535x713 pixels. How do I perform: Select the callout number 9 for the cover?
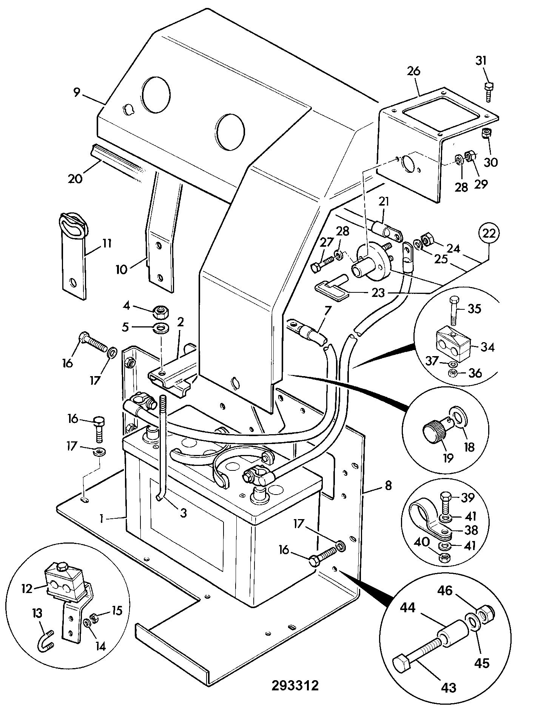(77, 92)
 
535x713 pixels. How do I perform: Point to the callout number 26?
(414, 71)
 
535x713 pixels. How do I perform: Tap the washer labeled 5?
(161, 327)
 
